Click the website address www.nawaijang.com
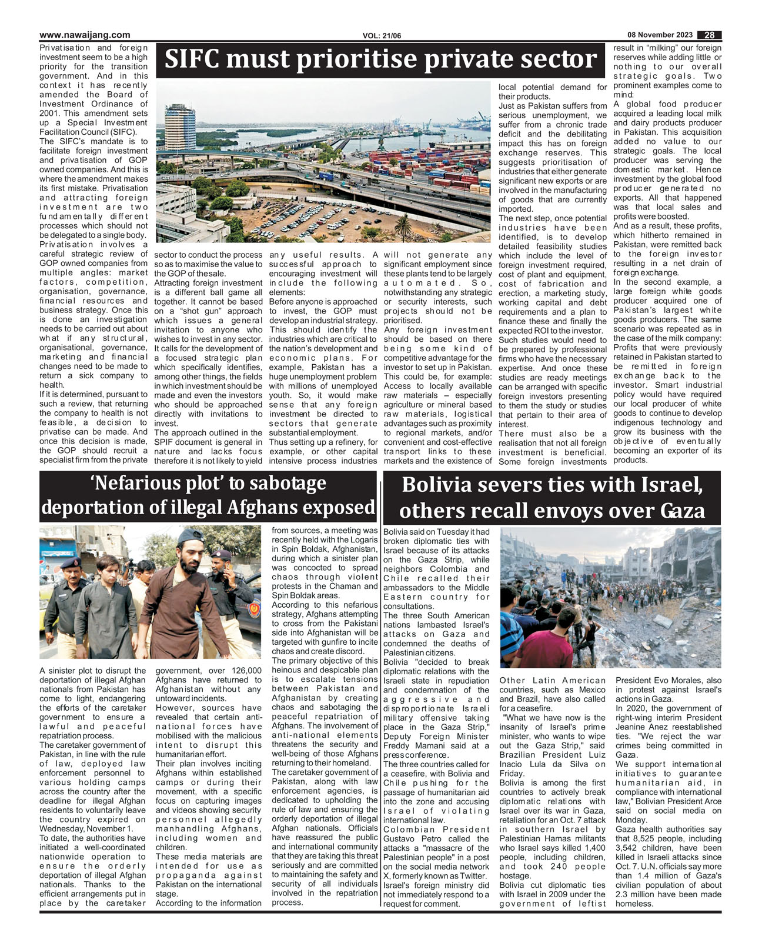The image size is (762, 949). (85, 35)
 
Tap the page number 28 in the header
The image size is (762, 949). (710, 35)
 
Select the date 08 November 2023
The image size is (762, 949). (659, 35)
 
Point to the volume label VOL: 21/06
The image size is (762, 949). (382, 36)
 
